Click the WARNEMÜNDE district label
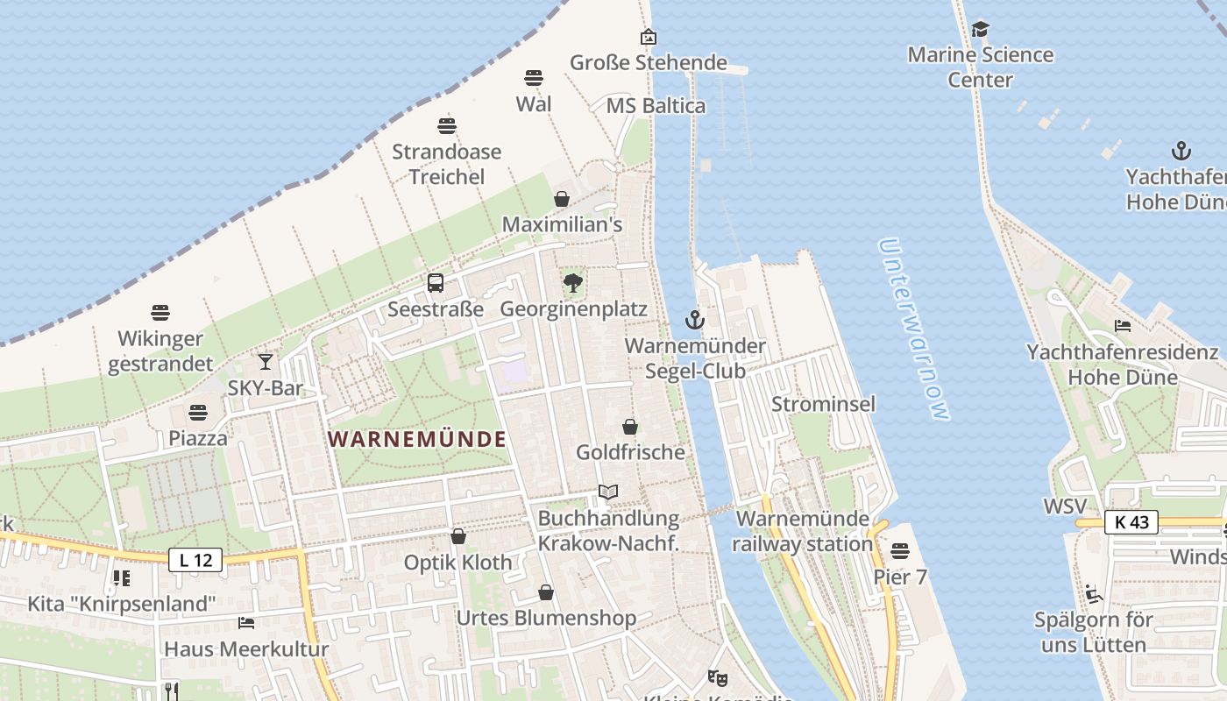coord(418,439)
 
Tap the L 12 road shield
coord(195,560)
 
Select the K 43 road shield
coord(1131,522)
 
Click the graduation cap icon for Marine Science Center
coord(980,30)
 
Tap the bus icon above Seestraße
coord(436,283)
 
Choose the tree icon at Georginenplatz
coord(573,283)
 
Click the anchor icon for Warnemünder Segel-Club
coord(695,320)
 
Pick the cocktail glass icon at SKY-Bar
coord(266,362)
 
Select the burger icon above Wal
coord(534,78)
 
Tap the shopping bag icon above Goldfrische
coord(630,427)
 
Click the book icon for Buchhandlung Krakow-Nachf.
coord(608,492)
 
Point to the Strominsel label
coord(823,404)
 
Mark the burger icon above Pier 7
coord(900,551)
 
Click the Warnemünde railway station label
coord(804,531)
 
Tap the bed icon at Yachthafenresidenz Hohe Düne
coord(1123,326)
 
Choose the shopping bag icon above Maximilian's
coord(562,199)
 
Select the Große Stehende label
coord(649,62)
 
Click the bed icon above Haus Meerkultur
coord(246,623)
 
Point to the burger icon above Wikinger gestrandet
coord(160,313)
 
